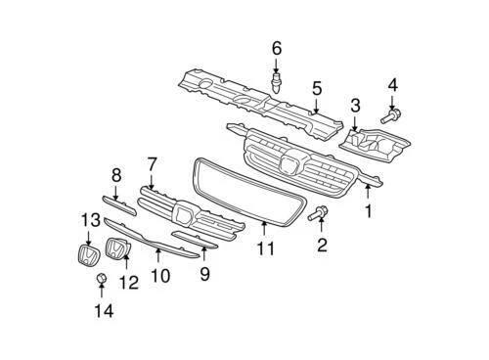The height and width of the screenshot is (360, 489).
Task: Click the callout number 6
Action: click(x=277, y=49)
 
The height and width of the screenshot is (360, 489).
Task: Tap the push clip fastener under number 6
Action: click(x=276, y=83)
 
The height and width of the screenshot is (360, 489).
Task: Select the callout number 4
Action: click(x=392, y=85)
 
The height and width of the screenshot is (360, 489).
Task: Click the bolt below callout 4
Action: click(x=391, y=116)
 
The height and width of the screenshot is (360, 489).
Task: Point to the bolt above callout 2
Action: click(x=318, y=213)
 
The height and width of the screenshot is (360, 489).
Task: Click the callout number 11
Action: click(x=266, y=248)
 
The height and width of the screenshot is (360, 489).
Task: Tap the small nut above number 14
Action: click(x=101, y=279)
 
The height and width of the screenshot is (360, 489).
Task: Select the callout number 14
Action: click(x=104, y=311)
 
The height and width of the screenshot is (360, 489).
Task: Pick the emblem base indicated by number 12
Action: click(x=117, y=248)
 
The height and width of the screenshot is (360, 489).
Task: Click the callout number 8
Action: click(x=116, y=175)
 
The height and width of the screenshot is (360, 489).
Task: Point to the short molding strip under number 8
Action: click(x=118, y=205)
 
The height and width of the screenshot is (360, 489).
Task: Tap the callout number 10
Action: click(x=160, y=276)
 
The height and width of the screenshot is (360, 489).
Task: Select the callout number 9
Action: click(x=204, y=274)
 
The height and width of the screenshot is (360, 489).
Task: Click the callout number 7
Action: click(x=152, y=164)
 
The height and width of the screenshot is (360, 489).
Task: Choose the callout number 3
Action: click(x=355, y=106)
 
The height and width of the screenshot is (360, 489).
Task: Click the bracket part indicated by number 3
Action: click(x=375, y=145)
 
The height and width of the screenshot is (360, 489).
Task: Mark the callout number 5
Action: click(x=317, y=89)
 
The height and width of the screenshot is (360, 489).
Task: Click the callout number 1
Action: click(x=368, y=211)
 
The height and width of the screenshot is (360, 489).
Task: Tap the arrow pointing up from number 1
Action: click(x=368, y=192)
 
